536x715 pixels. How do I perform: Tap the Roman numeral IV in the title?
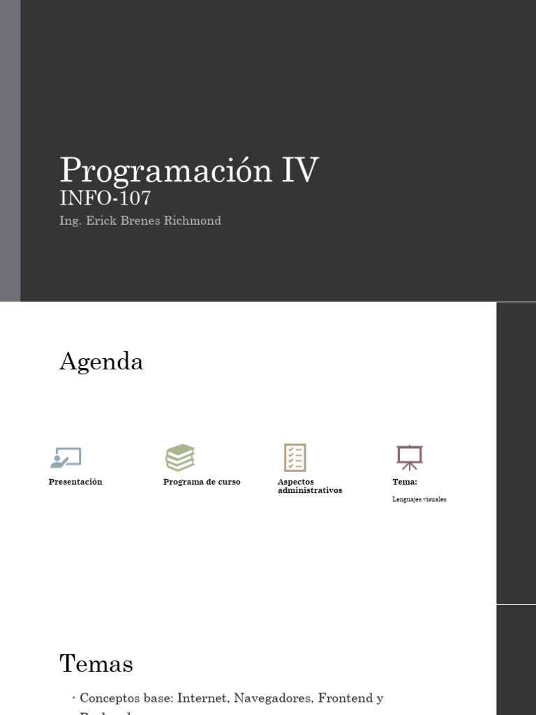[300, 170]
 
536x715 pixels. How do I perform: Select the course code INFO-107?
[105, 198]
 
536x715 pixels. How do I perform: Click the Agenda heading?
[101, 362]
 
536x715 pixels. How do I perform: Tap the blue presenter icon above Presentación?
[66, 457]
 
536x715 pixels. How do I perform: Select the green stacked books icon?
[180, 457]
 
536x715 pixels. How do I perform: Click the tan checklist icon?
[295, 457]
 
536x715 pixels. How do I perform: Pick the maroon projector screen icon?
[410, 457]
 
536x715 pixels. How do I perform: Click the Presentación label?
[75, 482]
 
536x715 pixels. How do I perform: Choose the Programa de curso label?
[202, 482]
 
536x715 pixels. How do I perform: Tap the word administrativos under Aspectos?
[310, 491]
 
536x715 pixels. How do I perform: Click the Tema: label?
[405, 482]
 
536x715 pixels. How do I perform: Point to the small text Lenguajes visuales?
[419, 499]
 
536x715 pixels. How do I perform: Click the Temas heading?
[96, 663]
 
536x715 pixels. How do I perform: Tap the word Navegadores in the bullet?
[273, 698]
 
